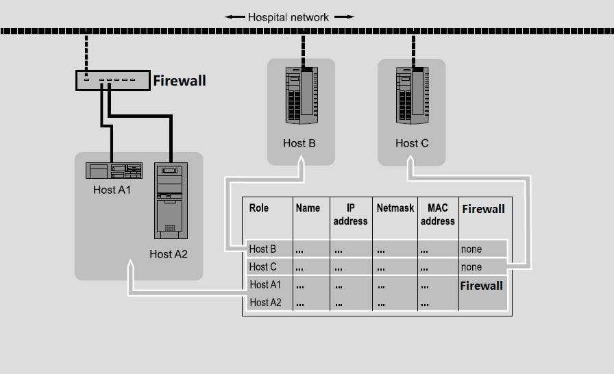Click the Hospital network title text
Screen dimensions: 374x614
click(x=288, y=17)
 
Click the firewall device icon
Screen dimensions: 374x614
click(x=112, y=81)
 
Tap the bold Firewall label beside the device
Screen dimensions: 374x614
click(x=179, y=81)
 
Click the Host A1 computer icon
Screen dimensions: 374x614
click(x=114, y=171)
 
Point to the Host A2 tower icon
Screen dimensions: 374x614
click(x=169, y=200)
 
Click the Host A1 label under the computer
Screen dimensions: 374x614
click(x=112, y=190)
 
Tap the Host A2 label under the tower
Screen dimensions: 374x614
click(x=169, y=254)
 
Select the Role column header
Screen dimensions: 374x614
click(x=259, y=208)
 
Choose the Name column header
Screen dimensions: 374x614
click(x=308, y=208)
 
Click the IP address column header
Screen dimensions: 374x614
click(x=350, y=214)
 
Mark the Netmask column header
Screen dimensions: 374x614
click(x=395, y=208)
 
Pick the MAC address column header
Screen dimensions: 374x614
click(x=438, y=214)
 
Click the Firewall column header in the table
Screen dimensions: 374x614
click(x=483, y=209)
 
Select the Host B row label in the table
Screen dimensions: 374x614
click(x=262, y=249)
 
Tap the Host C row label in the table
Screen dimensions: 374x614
click(x=262, y=267)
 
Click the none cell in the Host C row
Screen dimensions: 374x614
click(x=471, y=267)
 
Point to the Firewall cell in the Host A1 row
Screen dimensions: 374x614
click(x=481, y=286)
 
